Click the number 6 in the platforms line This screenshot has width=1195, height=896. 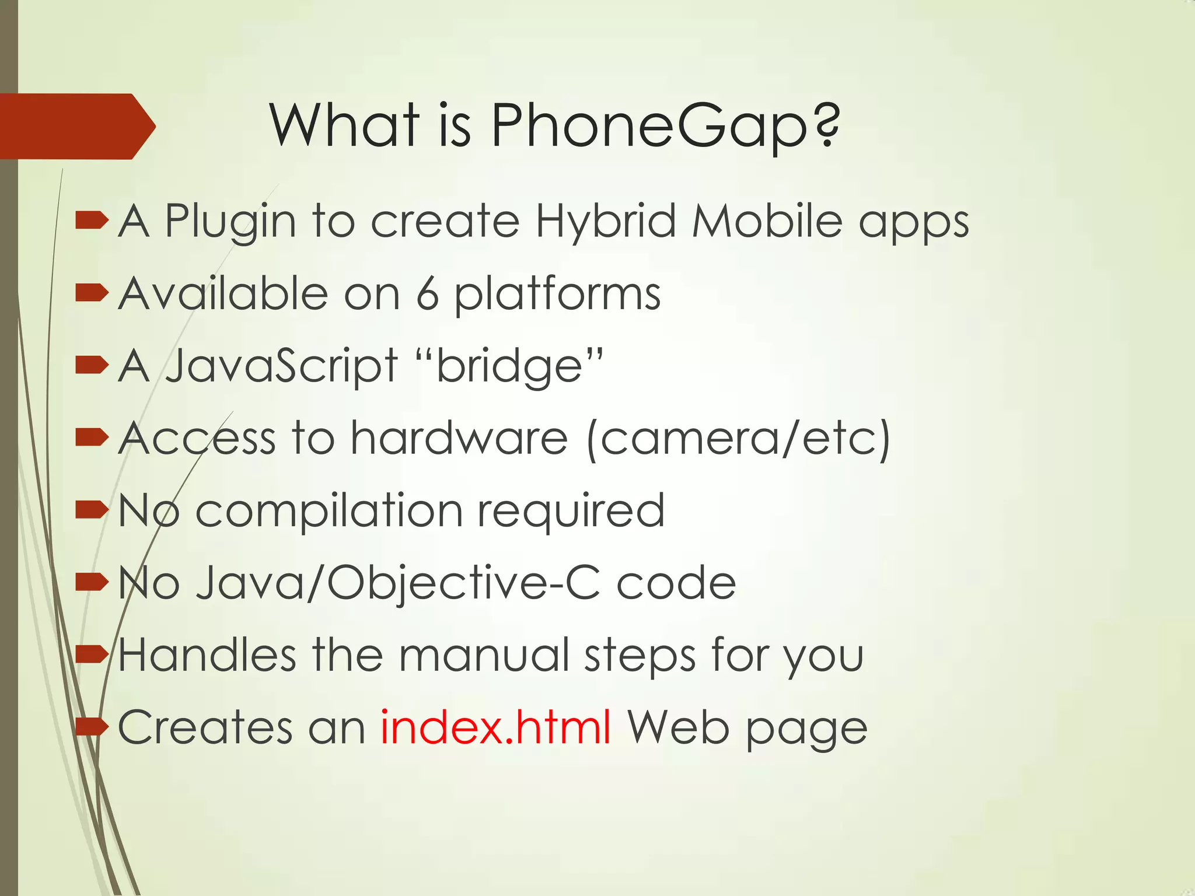tap(427, 294)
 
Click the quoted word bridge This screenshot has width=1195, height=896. tap(510, 366)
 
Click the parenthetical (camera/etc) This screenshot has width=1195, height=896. tap(738, 439)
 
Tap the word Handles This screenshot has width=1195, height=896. tap(207, 654)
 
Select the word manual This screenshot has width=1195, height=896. tap(484, 654)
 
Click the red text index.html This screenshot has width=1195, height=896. tap(495, 727)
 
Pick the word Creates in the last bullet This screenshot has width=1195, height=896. tap(205, 727)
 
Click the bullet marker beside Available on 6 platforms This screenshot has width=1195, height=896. tap(92, 293)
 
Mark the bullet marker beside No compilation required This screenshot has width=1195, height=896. tap(92, 510)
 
